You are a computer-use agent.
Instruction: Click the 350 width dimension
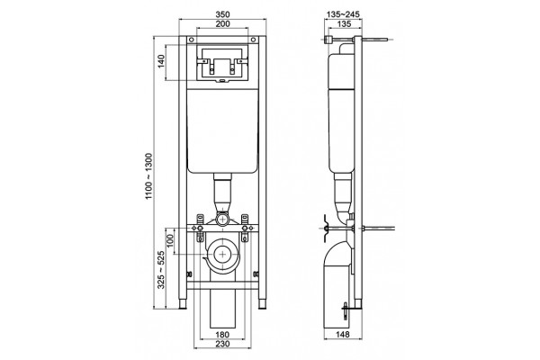click(x=222, y=14)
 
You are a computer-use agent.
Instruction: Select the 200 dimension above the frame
click(x=222, y=23)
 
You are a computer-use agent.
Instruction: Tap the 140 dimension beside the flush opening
click(x=161, y=61)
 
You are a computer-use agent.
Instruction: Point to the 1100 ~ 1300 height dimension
click(x=148, y=176)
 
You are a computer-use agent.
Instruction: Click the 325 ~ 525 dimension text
click(x=161, y=270)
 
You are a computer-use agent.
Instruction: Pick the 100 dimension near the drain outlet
click(x=170, y=241)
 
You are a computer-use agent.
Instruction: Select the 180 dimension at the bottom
click(x=222, y=335)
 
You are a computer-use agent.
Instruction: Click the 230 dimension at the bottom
click(x=222, y=344)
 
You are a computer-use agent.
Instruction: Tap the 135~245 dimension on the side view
click(x=343, y=14)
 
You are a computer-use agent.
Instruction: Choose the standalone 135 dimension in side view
click(x=344, y=23)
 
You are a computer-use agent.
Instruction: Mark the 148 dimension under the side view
click(x=342, y=334)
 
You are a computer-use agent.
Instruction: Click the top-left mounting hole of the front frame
click(x=191, y=40)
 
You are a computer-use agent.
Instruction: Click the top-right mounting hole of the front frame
click(x=254, y=40)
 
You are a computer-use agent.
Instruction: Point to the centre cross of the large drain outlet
click(x=223, y=254)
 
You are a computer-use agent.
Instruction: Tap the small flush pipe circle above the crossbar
click(x=222, y=219)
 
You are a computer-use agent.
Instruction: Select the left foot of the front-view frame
click(x=183, y=304)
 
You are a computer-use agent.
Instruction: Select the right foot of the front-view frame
click(x=263, y=304)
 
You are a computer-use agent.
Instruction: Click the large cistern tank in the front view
click(x=222, y=130)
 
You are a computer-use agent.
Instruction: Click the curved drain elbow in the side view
click(x=338, y=255)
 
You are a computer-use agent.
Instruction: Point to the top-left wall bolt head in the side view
click(x=328, y=40)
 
